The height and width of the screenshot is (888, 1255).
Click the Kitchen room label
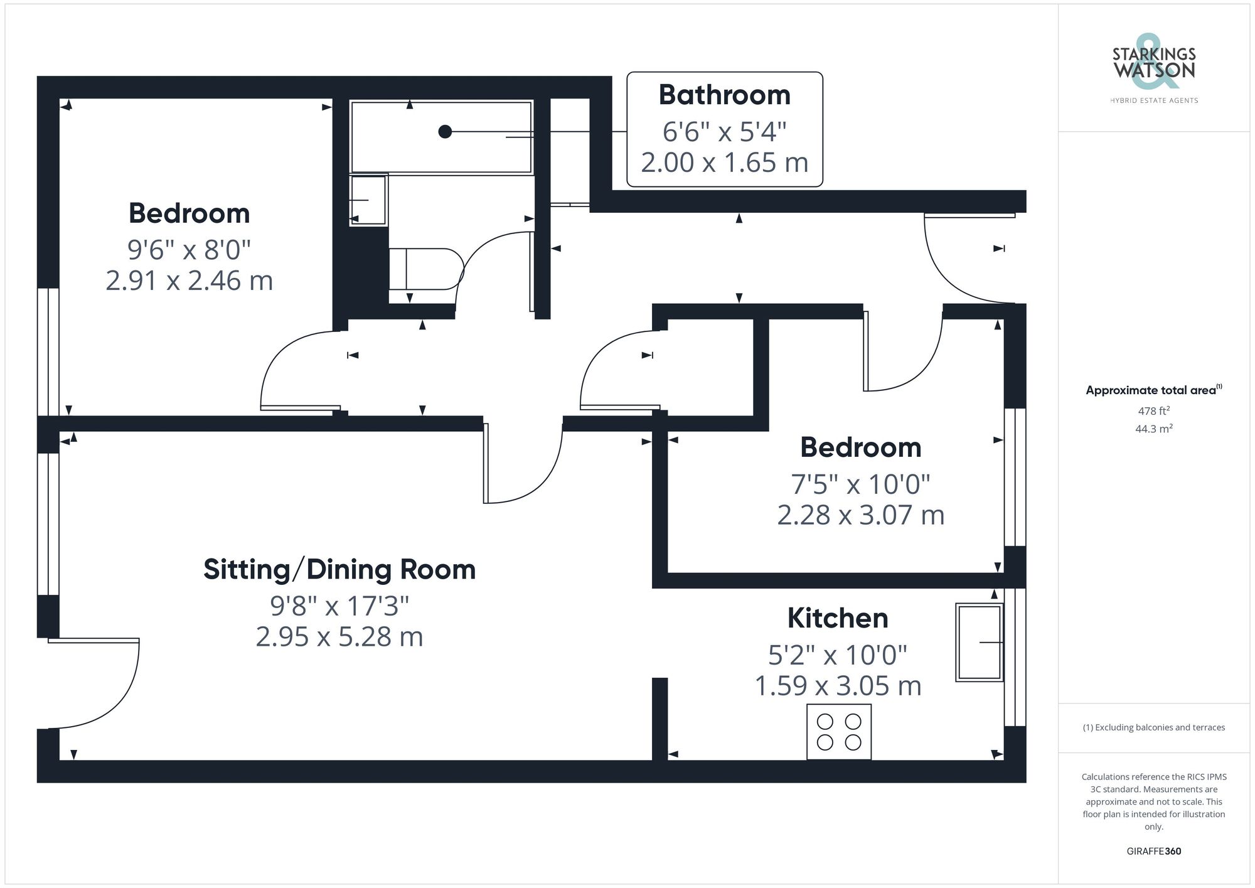tap(838, 618)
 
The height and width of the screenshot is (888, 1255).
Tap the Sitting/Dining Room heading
tap(339, 570)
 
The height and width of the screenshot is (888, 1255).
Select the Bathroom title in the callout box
tap(724, 95)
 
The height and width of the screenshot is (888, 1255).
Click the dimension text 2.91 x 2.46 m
tap(189, 281)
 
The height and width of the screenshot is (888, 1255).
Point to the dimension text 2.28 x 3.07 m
tap(860, 515)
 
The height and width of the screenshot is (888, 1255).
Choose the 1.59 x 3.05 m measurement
tap(838, 686)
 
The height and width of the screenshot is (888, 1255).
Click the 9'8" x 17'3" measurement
tap(339, 606)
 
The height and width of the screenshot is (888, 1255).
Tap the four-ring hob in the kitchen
tap(839, 732)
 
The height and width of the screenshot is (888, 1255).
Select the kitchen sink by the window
tap(978, 642)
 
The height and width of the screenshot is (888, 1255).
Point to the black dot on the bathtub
tap(445, 132)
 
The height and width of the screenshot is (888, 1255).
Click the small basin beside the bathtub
tap(368, 200)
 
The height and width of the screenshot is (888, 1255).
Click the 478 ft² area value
tap(1153, 411)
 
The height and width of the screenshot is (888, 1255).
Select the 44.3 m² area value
tap(1153, 429)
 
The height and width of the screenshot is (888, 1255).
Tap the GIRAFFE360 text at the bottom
tap(1153, 852)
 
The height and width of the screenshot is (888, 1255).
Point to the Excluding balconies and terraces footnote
tap(1153, 728)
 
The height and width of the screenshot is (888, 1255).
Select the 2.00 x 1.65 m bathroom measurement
tap(724, 163)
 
